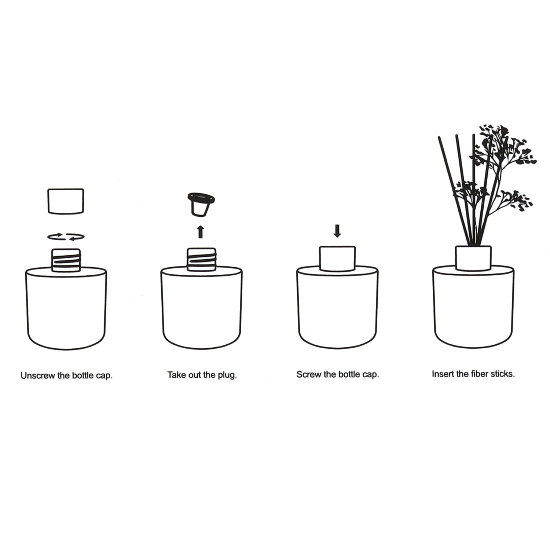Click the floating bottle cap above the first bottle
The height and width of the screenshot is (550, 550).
66,201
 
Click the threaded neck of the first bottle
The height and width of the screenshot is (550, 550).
66,260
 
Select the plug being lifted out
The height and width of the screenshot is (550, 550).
201,204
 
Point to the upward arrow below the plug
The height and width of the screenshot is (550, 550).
200,232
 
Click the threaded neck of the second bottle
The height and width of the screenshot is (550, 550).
201,259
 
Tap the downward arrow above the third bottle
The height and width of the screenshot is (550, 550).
337,231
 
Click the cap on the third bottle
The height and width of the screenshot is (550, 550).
337,258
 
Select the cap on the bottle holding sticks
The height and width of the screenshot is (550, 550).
473,258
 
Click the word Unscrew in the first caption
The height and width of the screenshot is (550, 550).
38,375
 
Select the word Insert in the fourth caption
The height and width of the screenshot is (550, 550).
443,374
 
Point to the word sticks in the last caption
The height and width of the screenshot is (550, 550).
502,374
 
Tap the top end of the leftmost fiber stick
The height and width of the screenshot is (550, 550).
439,137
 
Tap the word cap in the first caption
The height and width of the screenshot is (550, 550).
104,376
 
